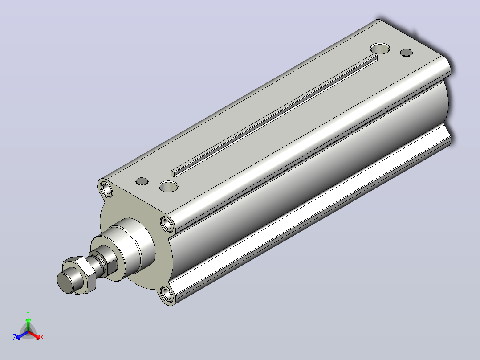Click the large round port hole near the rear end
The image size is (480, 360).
tap(380, 49)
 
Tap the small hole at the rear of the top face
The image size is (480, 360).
tap(407, 53)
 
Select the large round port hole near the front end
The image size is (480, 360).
tap(168, 186)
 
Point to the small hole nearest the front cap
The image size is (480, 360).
tap(142, 181)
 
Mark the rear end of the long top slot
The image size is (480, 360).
tap(375, 57)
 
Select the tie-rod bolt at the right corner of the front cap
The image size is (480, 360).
tap(167, 225)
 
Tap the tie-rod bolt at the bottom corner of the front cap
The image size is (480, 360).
tap(167, 295)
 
